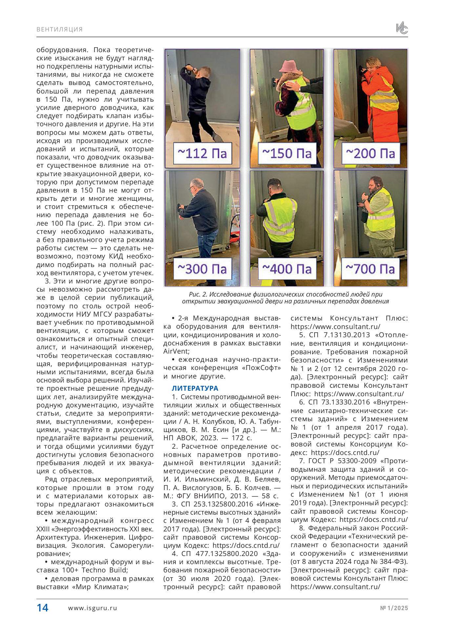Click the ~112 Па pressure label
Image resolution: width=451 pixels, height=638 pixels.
pyautogui.click(x=202, y=153)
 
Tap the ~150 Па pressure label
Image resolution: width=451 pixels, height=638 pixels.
pyautogui.click(x=287, y=153)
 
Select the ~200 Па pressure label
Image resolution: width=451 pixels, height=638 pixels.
pyautogui.click(x=371, y=153)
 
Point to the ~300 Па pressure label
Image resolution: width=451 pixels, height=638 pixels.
pyautogui.click(x=202, y=269)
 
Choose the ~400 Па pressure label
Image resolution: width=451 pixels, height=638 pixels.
pyautogui.click(x=287, y=269)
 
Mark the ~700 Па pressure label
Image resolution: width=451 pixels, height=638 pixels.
pyautogui.click(x=371, y=269)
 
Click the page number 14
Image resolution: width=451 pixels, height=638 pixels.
pyautogui.click(x=42, y=608)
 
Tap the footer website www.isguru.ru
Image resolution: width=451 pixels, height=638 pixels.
pyautogui.click(x=92, y=608)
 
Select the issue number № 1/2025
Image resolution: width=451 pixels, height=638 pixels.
pyautogui.click(x=394, y=608)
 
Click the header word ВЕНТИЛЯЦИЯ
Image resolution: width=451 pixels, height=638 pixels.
pyautogui.click(x=60, y=29)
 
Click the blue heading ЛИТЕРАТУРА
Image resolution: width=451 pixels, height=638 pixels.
pyautogui.click(x=195, y=388)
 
